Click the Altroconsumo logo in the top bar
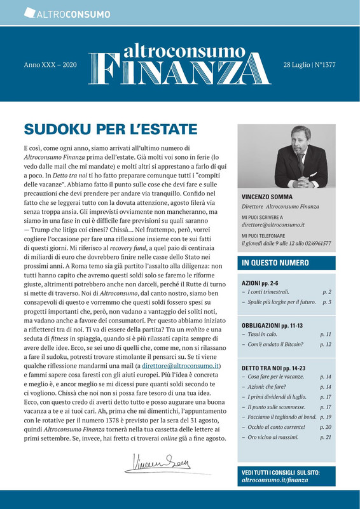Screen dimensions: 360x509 click(67, 13)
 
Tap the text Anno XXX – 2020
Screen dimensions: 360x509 click(50, 66)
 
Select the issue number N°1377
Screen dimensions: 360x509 click(324, 66)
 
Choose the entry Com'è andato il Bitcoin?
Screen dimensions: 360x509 click(275, 344)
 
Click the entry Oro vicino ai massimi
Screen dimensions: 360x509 click(275, 438)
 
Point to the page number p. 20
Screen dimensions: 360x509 click(326, 428)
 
